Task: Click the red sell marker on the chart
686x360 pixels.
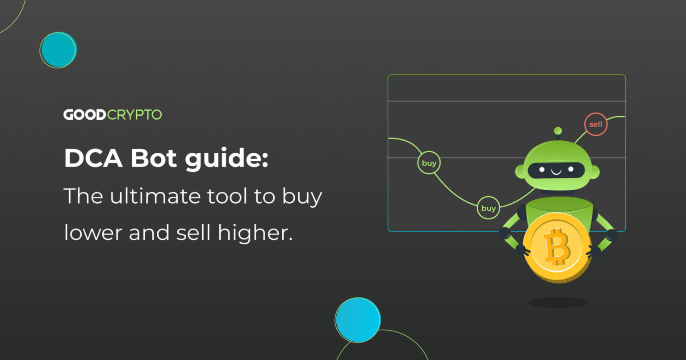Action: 596,125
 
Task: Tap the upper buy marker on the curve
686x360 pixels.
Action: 429,163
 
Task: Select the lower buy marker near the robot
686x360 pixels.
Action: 488,208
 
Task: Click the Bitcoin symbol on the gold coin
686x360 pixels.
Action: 556,247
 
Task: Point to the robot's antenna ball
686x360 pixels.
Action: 557,131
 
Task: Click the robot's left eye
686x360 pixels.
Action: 542,170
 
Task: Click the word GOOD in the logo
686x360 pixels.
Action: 84,115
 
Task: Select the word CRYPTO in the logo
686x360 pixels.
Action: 134,115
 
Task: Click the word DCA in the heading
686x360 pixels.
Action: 93,159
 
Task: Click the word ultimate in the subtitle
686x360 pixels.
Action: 163,196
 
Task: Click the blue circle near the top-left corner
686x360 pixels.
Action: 58,50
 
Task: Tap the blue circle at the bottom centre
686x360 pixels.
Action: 358,320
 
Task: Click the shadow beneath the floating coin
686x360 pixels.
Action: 558,302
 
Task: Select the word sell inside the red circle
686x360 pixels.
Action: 596,125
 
